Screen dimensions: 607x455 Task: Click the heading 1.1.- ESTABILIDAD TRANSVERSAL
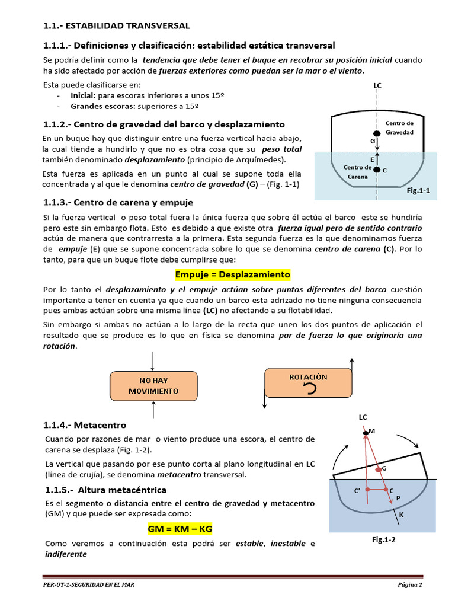click(x=116, y=25)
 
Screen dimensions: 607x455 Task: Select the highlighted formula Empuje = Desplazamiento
click(x=232, y=274)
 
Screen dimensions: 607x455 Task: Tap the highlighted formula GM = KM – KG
click(x=180, y=528)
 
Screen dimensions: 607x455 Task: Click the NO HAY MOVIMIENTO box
click(x=153, y=385)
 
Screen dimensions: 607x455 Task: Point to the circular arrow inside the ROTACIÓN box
click(x=307, y=388)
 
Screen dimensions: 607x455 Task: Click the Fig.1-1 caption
click(x=418, y=191)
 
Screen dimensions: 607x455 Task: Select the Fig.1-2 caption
click(x=383, y=539)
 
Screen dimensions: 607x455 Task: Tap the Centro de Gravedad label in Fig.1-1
click(x=399, y=127)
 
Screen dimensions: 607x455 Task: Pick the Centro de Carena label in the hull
click(x=357, y=172)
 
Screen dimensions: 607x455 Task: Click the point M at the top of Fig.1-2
click(x=366, y=433)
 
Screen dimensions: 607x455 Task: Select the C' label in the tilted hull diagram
click(x=357, y=491)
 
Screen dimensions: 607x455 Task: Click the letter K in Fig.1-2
click(x=401, y=515)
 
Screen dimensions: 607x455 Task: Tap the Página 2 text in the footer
click(x=409, y=586)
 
